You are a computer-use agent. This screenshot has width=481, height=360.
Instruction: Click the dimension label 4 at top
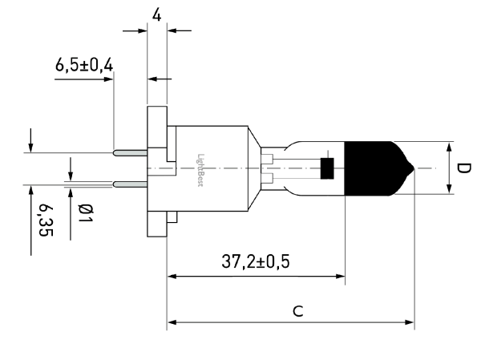(x=157, y=15)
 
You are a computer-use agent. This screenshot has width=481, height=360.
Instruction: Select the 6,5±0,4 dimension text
(x=84, y=65)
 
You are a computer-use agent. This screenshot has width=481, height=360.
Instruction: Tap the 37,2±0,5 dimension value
(x=255, y=262)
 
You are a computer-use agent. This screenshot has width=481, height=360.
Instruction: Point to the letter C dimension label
(x=298, y=311)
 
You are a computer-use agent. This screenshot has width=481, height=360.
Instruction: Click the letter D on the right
(x=463, y=168)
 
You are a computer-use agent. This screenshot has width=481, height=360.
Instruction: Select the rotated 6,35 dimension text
(x=46, y=220)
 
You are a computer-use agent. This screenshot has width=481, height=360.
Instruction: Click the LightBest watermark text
(x=200, y=170)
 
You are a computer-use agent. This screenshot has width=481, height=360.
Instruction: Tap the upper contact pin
(x=131, y=152)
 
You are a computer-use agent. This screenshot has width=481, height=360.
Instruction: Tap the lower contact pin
(x=131, y=184)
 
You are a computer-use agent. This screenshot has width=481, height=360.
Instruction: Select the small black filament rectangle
(x=327, y=168)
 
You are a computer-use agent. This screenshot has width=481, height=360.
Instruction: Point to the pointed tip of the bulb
(x=414, y=168)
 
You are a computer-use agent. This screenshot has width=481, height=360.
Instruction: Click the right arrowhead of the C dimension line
(x=410, y=322)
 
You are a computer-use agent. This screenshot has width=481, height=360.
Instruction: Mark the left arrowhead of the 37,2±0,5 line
(x=172, y=277)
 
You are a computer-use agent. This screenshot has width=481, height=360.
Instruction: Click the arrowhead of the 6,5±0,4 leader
(x=109, y=79)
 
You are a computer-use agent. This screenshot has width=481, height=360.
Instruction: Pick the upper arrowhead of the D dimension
(x=449, y=147)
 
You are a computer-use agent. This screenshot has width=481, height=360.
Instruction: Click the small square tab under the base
(x=172, y=216)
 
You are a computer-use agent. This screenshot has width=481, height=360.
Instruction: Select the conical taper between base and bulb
(x=255, y=168)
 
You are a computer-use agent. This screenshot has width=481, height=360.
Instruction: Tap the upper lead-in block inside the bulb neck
(x=267, y=159)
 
